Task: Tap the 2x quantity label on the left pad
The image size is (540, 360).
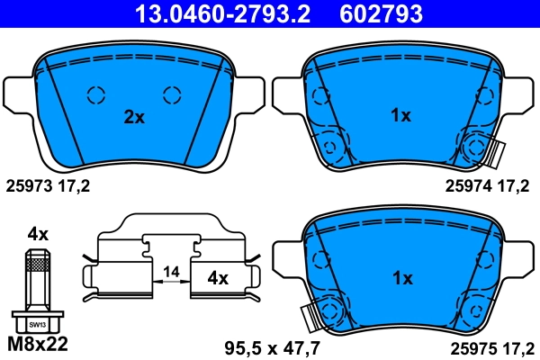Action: click(x=134, y=116)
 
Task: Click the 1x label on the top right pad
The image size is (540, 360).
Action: click(x=400, y=115)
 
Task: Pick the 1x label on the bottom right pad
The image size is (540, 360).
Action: click(x=400, y=278)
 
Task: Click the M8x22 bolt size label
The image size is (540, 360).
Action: click(x=37, y=343)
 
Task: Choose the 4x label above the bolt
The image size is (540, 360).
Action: click(x=37, y=233)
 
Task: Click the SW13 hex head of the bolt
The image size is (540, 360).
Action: click(x=37, y=322)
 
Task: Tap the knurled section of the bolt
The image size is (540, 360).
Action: click(x=37, y=262)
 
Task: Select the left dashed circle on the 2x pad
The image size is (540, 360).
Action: click(x=95, y=94)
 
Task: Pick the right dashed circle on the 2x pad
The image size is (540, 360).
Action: click(x=172, y=94)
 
